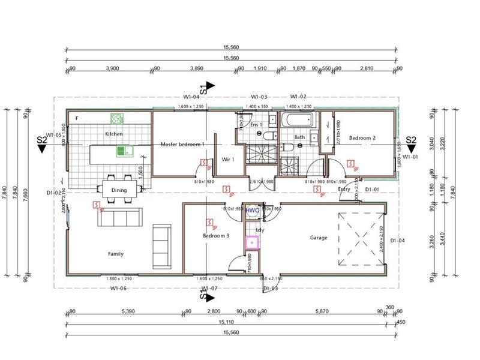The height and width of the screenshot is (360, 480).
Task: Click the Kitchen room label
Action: [114, 133]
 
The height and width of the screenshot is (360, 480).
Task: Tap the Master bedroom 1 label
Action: [182, 144]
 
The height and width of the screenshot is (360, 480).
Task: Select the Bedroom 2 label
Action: [362, 138]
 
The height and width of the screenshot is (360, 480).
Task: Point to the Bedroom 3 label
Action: [216, 236]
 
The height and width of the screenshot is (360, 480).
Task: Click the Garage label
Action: [319, 238]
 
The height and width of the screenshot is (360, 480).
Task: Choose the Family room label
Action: [116, 254]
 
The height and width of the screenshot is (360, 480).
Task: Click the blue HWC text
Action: [253, 211]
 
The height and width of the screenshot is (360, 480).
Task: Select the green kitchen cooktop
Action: [116, 119]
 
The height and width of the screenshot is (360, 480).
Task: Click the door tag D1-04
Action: [398, 241]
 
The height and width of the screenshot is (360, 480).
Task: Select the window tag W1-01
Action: [410, 157]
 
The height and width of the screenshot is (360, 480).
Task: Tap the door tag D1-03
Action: [270, 289]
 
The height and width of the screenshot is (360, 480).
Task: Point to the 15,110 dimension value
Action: [230, 322]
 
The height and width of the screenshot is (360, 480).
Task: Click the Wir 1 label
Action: [228, 160]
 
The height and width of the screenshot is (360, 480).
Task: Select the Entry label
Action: [344, 189]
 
